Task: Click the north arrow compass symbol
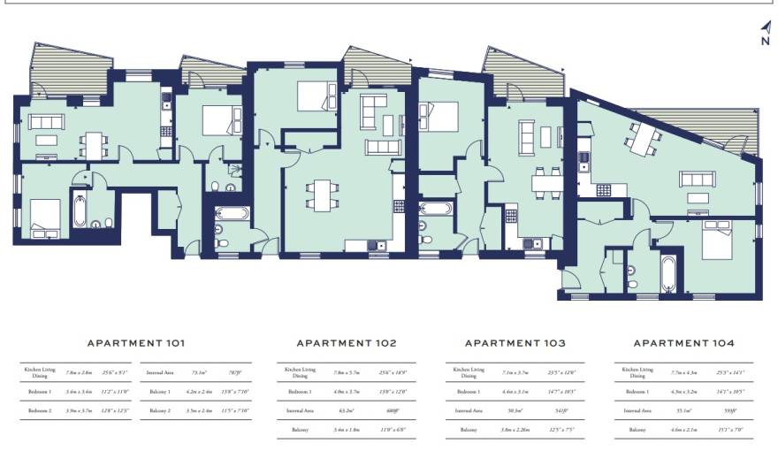[765, 33]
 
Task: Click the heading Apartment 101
[135, 342]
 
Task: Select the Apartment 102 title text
[346, 342]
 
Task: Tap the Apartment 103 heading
[515, 342]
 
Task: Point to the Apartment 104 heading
[683, 342]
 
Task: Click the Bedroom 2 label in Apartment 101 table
[39, 411]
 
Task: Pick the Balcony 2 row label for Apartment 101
[160, 411]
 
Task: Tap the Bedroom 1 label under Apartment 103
[469, 391]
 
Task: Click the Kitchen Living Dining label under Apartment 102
[300, 372]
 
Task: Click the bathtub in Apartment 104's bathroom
[668, 273]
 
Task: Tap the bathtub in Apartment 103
[437, 209]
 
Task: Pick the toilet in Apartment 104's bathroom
[629, 271]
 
